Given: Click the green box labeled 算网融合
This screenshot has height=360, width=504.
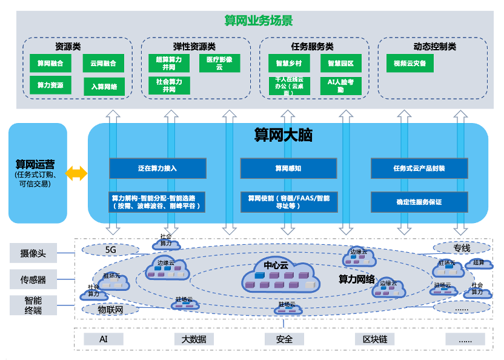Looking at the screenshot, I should [50, 63].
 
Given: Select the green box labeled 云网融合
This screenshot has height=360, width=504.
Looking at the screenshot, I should [103, 63].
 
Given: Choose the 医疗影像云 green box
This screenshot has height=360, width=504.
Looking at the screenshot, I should [219, 63].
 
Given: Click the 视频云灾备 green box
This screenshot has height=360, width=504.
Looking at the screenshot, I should [409, 63].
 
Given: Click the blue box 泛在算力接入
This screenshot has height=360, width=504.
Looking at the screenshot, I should [157, 168].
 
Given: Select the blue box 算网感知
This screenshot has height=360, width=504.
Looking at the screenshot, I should [288, 168].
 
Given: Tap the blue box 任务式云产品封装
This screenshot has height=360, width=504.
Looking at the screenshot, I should [419, 168].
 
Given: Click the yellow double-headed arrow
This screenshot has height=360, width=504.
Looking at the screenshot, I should [77, 174].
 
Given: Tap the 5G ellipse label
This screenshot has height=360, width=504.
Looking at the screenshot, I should [110, 249].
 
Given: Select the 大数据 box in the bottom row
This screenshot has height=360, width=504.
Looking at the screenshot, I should [194, 339].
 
